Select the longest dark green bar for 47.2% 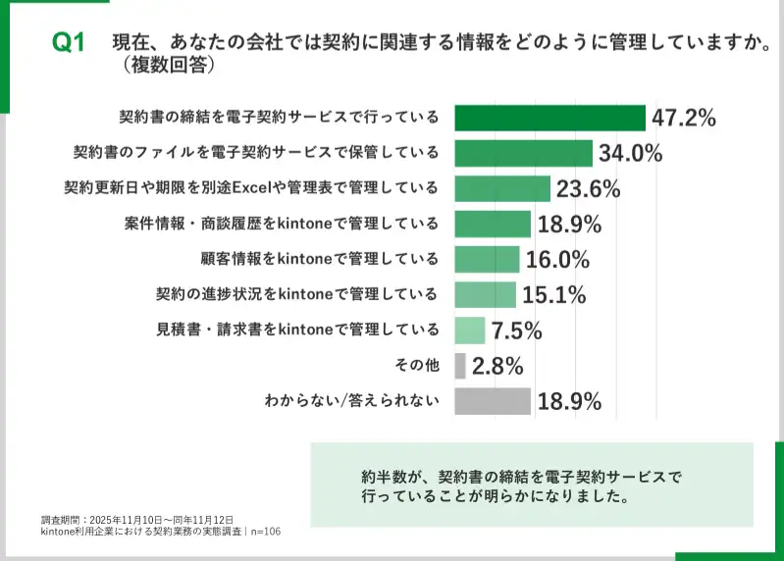coord(549,118)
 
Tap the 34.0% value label coord(630,153)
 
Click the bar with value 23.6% coord(502,188)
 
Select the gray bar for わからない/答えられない coord(493,401)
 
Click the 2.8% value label coord(497,366)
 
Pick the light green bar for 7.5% coord(470,331)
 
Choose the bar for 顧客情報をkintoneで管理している coord(487,259)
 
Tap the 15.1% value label coord(553,294)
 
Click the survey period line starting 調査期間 coord(136,519)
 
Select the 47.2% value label coord(684,118)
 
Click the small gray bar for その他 coord(460,366)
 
